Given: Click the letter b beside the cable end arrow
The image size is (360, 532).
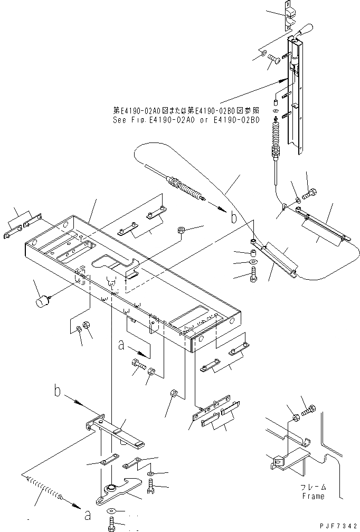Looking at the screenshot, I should coord(233,217).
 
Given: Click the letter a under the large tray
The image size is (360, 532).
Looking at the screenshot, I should coord(121,345).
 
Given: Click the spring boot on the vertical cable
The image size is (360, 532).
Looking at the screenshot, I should coord(275,139).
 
